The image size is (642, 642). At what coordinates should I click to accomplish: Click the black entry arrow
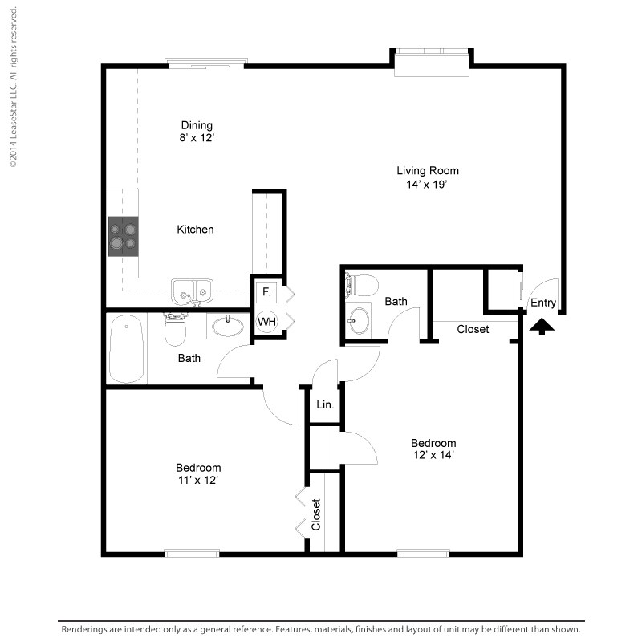click(542, 326)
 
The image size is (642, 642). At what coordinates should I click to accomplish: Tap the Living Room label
click(428, 170)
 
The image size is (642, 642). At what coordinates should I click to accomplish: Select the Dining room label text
click(197, 125)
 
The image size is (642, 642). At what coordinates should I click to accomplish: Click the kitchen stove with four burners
click(124, 236)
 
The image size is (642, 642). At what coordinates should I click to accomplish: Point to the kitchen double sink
click(192, 290)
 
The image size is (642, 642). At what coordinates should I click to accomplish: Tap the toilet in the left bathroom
click(176, 327)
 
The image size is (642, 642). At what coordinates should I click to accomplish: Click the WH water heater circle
click(266, 322)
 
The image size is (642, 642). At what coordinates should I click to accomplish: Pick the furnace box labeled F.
click(266, 291)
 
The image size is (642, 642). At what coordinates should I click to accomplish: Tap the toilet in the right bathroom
click(363, 285)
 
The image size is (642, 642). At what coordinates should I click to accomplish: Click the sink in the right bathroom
click(360, 319)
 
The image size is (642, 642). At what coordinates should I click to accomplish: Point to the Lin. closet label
click(325, 406)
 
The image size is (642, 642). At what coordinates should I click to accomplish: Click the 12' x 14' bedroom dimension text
click(433, 456)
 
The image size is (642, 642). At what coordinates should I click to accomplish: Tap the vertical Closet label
click(316, 514)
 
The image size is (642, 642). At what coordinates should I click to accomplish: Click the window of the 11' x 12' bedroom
click(192, 553)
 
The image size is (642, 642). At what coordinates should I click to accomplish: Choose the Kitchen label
click(195, 230)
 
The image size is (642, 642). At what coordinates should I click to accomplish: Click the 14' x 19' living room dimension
click(428, 184)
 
